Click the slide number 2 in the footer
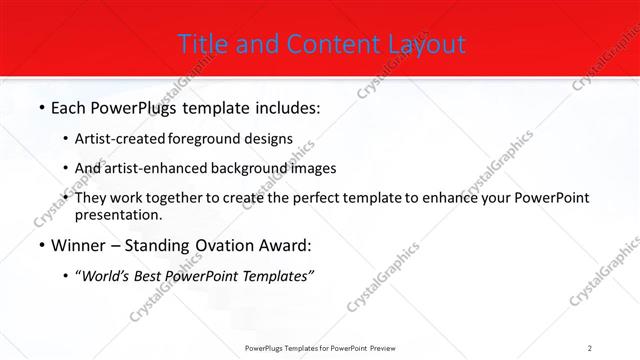pyautogui.click(x=590, y=347)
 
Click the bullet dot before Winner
pyautogui.click(x=41, y=245)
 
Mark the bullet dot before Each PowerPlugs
pyautogui.click(x=41, y=107)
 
